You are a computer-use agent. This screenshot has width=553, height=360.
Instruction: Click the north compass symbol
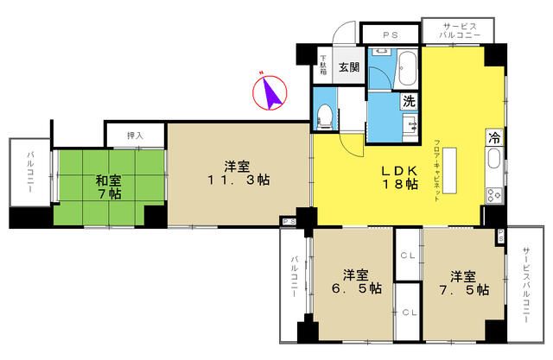(270, 92)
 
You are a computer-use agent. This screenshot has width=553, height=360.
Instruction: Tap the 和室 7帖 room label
(108, 187)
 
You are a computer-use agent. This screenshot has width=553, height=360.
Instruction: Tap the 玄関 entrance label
(348, 67)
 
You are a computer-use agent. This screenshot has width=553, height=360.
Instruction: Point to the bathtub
(407, 66)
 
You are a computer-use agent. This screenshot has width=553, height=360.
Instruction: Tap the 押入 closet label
(135, 136)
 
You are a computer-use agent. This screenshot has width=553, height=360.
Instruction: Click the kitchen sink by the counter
(493, 159)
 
